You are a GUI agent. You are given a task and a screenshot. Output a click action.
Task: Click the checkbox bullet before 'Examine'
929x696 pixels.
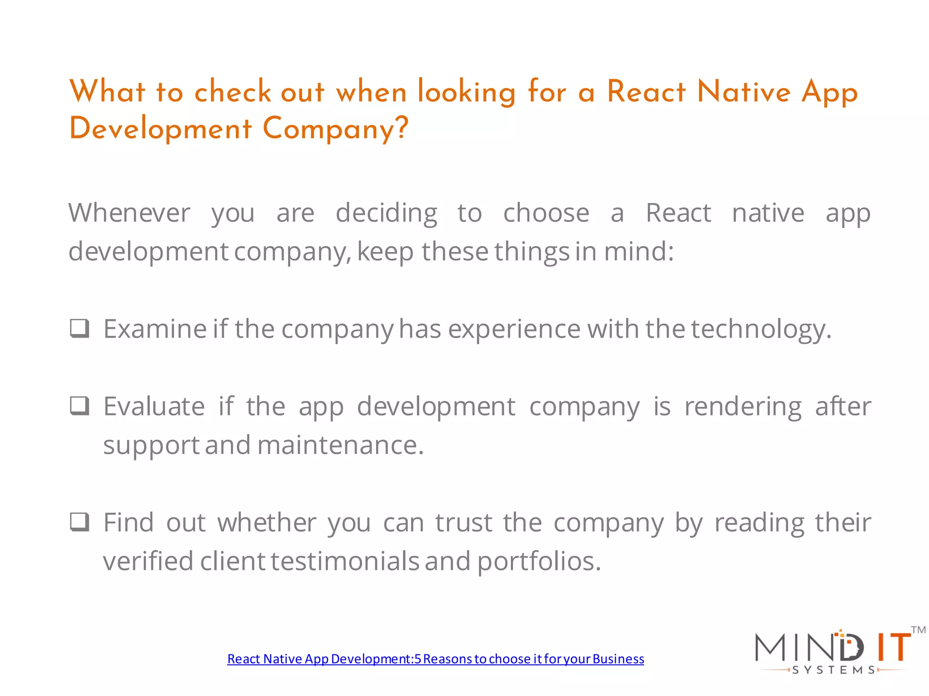pos(80,329)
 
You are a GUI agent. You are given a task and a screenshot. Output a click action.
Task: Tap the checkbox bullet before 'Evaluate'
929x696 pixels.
pos(80,406)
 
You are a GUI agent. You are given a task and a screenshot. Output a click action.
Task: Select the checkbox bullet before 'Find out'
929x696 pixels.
pos(80,522)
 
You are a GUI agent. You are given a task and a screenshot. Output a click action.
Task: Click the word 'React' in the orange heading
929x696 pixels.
pos(646,92)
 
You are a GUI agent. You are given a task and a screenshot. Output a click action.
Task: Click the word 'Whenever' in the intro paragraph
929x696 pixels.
pos(129,213)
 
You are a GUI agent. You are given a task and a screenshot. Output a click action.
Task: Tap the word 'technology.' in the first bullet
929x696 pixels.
pos(761,329)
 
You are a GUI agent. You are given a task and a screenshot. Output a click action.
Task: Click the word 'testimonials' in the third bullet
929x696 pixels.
pos(345,561)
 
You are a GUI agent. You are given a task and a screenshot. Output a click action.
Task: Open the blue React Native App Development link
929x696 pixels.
pos(435,659)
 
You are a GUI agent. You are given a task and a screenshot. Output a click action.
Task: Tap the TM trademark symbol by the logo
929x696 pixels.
pos(918,630)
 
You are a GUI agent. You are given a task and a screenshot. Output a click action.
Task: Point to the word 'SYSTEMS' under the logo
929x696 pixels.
pos(834,670)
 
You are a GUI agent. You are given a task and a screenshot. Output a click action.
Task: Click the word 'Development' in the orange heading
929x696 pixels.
pos(160,129)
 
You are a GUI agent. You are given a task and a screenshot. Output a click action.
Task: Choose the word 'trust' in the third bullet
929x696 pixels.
pos(464,522)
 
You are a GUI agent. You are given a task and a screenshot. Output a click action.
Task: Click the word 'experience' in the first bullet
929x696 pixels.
pos(514,329)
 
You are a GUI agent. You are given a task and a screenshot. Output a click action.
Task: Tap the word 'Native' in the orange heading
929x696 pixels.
pos(744,92)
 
